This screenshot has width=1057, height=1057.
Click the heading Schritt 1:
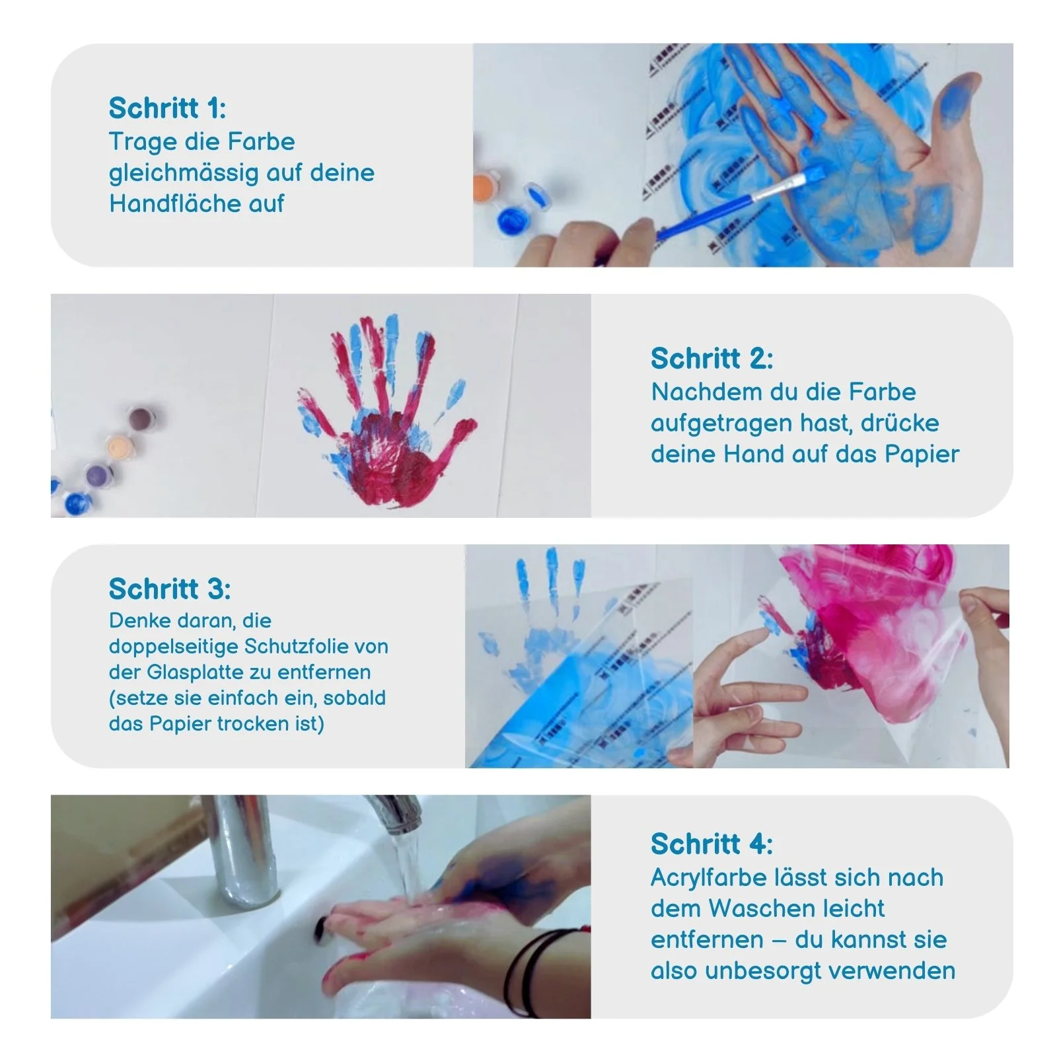(x=167, y=108)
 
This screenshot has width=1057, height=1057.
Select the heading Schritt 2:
(x=711, y=358)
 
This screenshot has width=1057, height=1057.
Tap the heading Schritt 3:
(x=170, y=589)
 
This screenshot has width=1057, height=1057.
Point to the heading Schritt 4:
(x=711, y=844)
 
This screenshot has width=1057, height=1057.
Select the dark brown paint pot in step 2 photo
(x=141, y=418)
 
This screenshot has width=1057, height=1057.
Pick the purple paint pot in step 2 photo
(x=98, y=472)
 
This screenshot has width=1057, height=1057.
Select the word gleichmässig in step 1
(x=184, y=173)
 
